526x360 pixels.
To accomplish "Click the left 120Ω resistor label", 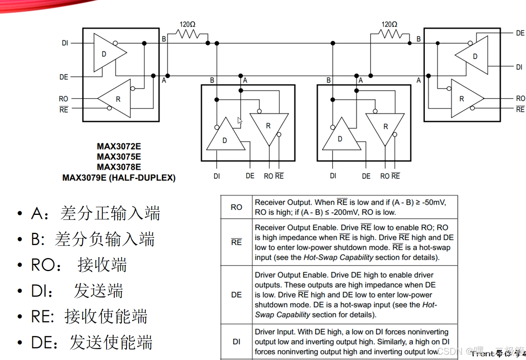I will [x=187, y=24].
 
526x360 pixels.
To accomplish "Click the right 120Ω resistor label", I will [x=389, y=24].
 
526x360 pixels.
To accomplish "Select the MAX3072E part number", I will [x=119, y=146].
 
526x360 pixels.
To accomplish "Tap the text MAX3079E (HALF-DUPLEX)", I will [x=119, y=178].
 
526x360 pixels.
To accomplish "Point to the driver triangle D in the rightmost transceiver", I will [x=473, y=56].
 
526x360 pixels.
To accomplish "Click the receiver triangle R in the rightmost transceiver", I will [x=464, y=98].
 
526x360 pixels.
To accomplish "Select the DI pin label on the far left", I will [x=65, y=43].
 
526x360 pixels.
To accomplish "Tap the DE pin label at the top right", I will [x=520, y=33].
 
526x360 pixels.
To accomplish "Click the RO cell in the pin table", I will [x=236, y=207].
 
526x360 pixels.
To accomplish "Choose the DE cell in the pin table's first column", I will [x=236, y=294].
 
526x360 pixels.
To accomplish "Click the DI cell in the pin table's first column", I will [x=236, y=342].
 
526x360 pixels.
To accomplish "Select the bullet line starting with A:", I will [x=95, y=213].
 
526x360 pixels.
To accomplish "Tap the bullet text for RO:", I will [x=79, y=265].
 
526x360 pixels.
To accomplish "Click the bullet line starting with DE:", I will [x=91, y=342].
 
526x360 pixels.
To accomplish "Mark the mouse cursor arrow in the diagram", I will [x=240, y=121].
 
